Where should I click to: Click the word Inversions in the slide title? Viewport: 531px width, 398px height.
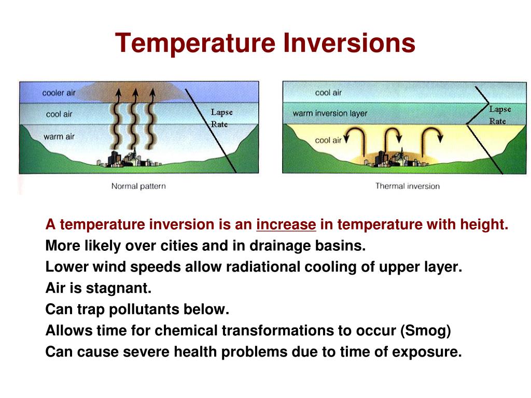(x=349, y=43)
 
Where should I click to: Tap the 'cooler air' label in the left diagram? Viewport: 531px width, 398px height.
(x=59, y=93)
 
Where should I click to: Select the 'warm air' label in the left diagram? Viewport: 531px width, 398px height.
(x=59, y=137)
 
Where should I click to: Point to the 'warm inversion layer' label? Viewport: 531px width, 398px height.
(x=330, y=113)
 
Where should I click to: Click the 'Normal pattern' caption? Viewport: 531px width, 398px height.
(x=138, y=186)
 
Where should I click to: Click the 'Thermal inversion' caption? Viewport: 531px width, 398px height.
(x=407, y=186)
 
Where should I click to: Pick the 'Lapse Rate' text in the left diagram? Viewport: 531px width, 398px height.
(x=221, y=118)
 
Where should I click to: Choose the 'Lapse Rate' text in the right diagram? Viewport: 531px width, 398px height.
(x=499, y=115)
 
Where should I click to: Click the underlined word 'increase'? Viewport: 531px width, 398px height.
(x=286, y=225)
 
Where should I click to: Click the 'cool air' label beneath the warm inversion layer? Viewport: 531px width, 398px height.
(x=328, y=140)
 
